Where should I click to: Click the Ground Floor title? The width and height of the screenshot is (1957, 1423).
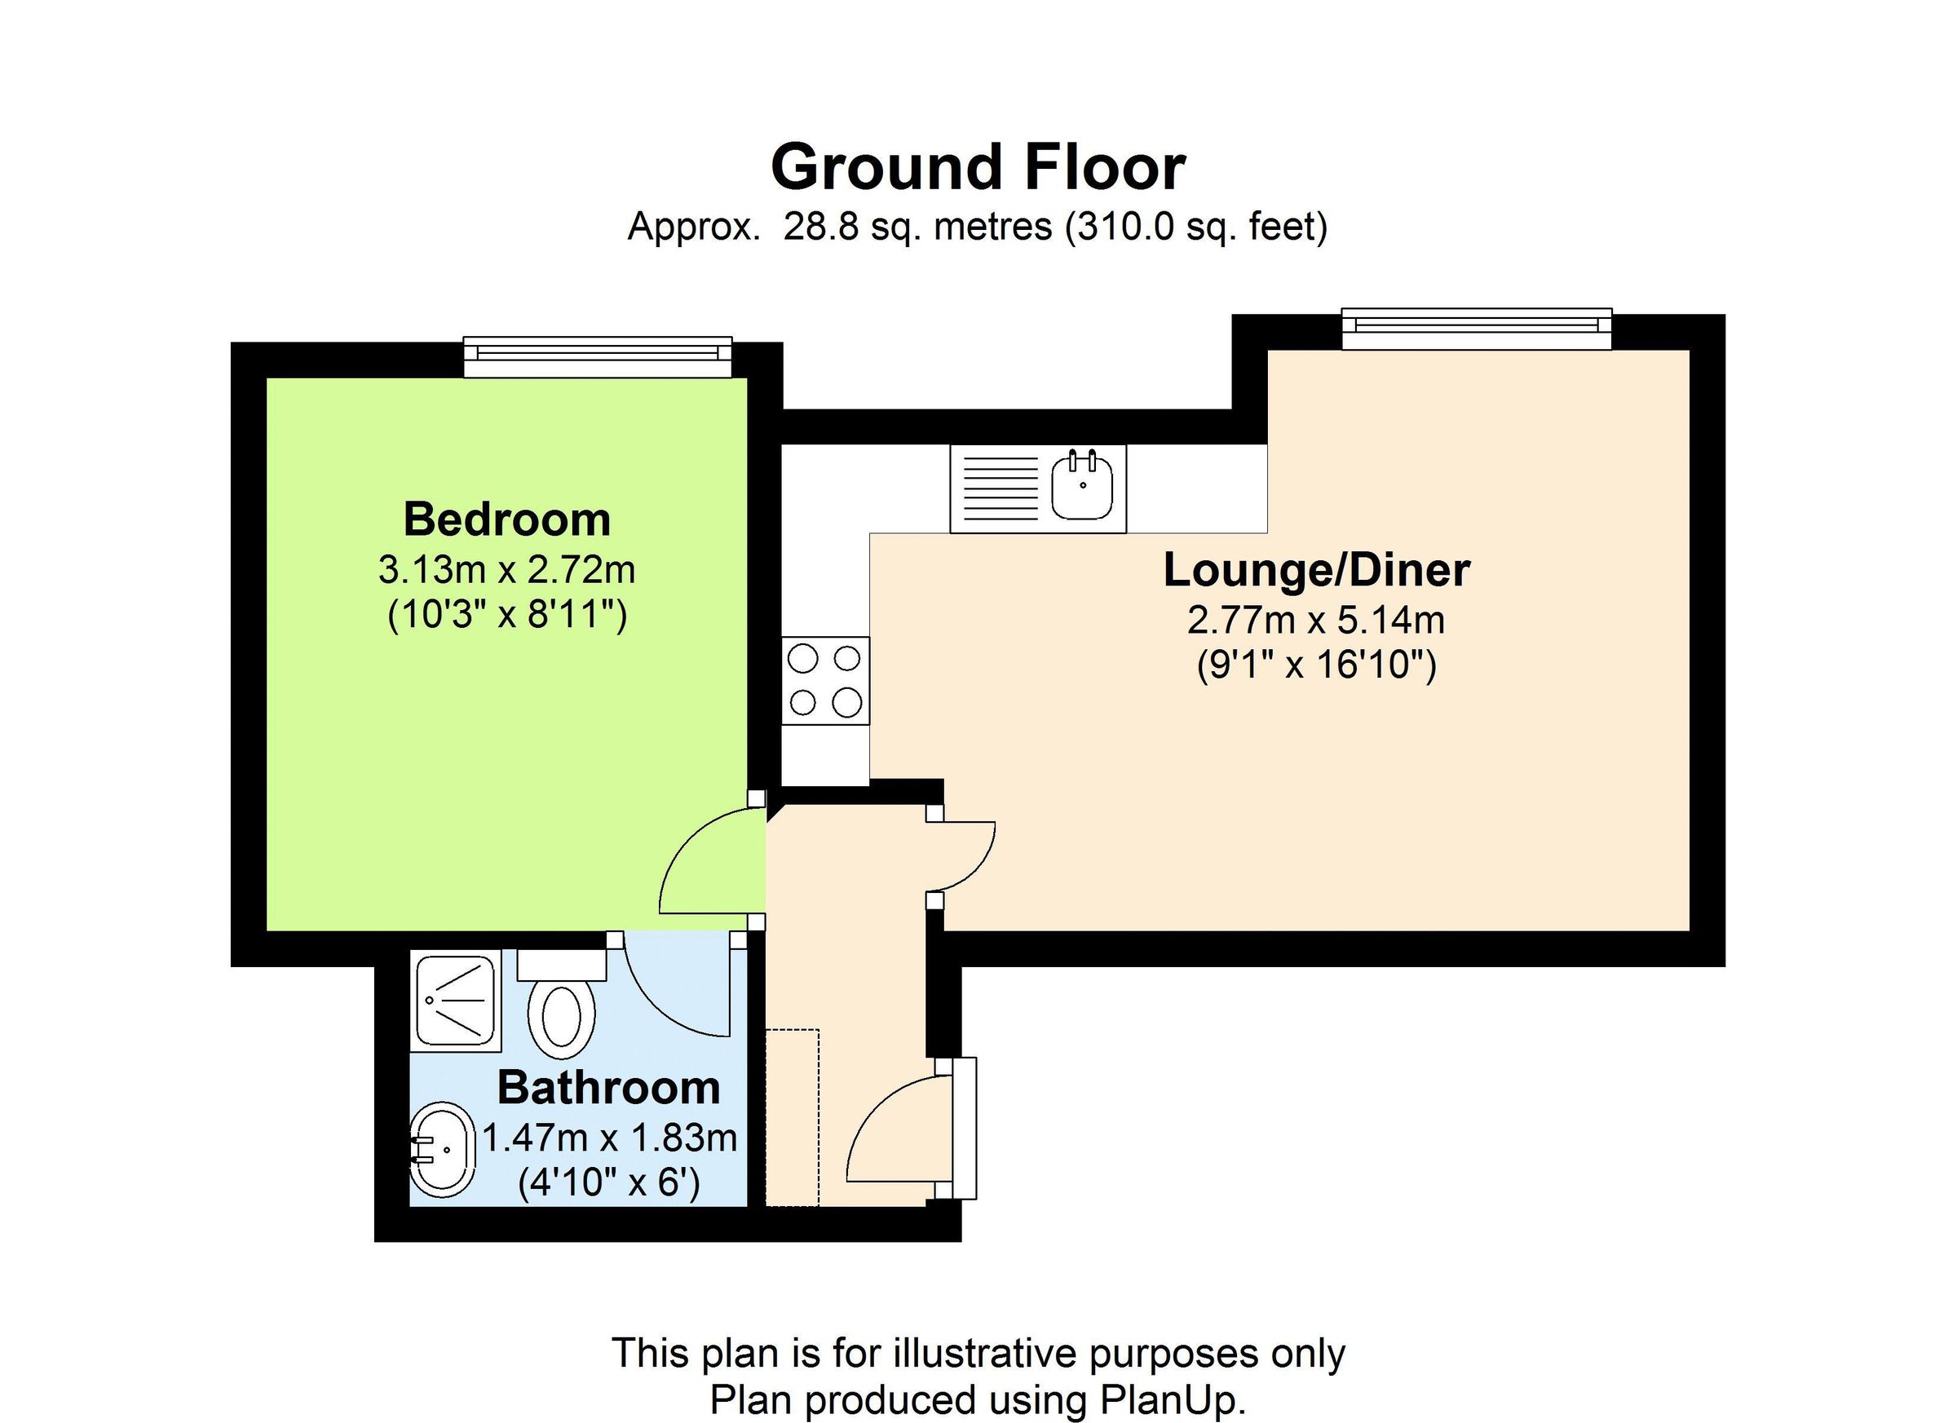pos(978,168)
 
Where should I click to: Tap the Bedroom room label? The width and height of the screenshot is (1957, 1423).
pos(506,519)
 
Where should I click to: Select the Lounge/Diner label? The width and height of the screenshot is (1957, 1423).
pos(1316,570)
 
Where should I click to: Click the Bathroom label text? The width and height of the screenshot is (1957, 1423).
pos(608,1087)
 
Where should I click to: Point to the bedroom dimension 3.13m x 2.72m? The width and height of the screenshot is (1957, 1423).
pos(506,569)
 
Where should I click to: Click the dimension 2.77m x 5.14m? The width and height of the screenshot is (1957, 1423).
pos(1316,620)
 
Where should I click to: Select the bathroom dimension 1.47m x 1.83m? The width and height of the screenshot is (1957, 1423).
pos(608,1138)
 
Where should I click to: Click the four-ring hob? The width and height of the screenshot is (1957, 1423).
pos(825,681)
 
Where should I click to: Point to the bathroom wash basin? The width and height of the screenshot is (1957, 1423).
pos(443,1150)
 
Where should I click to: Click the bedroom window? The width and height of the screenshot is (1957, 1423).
pos(597,356)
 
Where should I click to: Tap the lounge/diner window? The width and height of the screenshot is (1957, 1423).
pos(1476,329)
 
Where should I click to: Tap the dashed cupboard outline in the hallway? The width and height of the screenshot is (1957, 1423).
pos(792,1116)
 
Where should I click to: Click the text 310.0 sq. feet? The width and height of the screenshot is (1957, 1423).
pos(1195,227)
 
